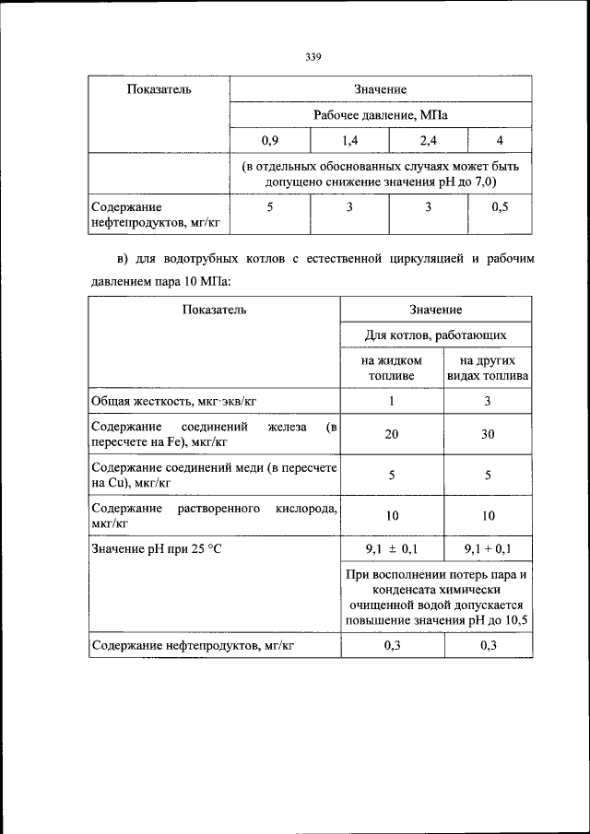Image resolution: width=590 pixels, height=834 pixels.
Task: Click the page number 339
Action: [313, 57]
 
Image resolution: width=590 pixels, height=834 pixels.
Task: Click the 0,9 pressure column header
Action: [269, 141]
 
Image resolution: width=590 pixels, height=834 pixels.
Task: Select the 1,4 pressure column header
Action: [349, 141]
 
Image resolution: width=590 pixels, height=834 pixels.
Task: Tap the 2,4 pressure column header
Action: [428, 141]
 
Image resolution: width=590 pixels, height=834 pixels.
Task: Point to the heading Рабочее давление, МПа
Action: [380, 115]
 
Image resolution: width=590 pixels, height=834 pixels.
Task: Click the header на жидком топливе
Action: [392, 369]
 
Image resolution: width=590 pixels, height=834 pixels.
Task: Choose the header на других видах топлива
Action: [488, 369]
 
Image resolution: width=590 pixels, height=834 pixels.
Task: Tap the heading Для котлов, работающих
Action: [435, 335]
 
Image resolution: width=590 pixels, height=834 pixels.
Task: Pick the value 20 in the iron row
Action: [392, 435]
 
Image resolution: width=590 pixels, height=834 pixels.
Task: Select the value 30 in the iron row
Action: [488, 435]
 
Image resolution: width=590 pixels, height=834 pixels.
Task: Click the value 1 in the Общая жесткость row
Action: [392, 401]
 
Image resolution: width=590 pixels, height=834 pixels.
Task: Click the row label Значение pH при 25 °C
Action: [156, 550]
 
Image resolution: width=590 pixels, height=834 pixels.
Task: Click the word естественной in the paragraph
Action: [334, 259]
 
